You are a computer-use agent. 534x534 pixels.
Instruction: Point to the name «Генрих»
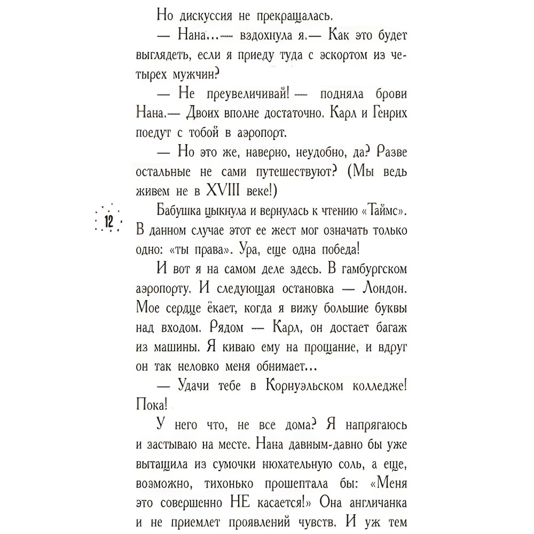tap(384, 113)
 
